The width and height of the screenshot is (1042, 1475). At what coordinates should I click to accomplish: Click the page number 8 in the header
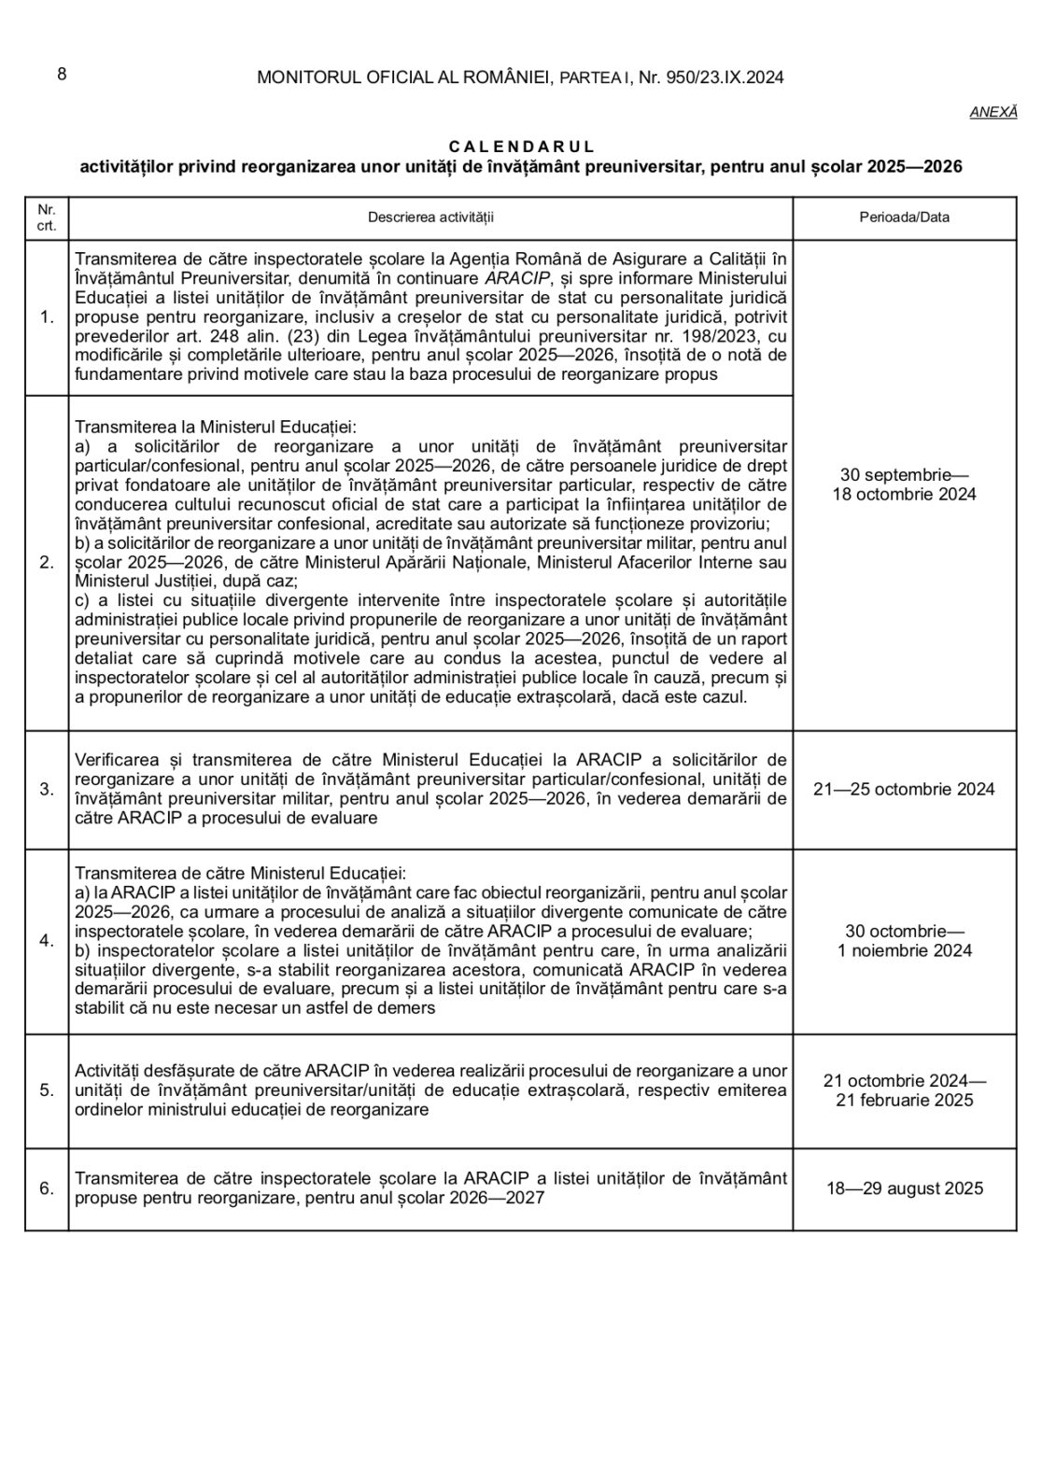coord(62,75)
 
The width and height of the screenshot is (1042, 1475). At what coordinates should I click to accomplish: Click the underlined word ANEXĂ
coord(993,111)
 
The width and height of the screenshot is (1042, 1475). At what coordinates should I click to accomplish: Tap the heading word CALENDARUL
coord(521,147)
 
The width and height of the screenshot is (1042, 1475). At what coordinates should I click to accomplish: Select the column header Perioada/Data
coord(904,218)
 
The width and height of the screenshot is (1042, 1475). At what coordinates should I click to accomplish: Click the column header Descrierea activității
coord(430,218)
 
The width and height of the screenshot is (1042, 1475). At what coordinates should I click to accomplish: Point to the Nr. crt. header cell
coord(47,218)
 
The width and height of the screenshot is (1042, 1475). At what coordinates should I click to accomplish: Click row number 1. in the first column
coord(47,317)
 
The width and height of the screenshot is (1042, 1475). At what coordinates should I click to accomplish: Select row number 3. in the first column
coord(47,789)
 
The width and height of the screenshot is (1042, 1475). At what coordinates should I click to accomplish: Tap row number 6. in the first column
coord(47,1188)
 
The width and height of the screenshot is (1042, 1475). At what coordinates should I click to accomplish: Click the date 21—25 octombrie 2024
coord(904,789)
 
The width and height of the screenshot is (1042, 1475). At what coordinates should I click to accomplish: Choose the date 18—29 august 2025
coord(904,1188)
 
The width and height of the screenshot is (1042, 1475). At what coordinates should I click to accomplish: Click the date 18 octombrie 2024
coord(904,494)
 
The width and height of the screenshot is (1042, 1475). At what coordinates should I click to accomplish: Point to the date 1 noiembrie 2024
coord(904,950)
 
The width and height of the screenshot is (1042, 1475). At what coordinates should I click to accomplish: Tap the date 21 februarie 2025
coord(904,1100)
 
